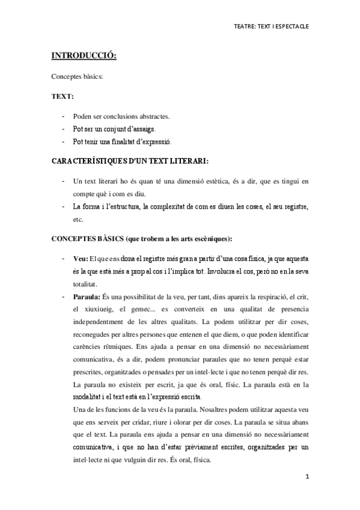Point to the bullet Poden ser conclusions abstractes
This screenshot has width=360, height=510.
tap(121, 116)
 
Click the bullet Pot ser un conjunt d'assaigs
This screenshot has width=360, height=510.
tap(114, 129)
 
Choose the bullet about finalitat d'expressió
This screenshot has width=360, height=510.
tap(122, 142)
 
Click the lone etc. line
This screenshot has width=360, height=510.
tap(78, 220)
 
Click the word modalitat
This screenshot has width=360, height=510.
tap(90, 397)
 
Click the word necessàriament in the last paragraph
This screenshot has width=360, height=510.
tap(283, 435)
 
